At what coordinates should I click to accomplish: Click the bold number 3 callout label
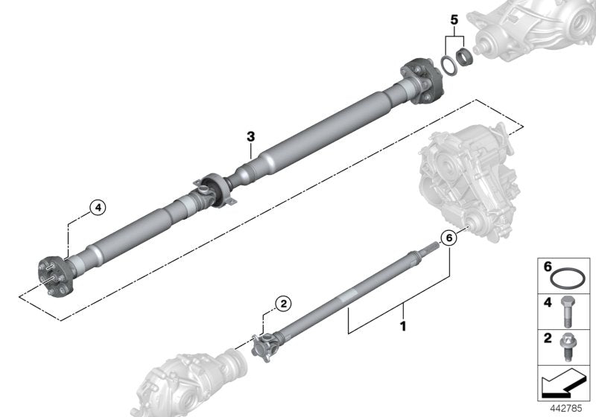251,136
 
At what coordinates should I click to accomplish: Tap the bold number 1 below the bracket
403,325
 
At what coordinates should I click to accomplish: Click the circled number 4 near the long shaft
97,208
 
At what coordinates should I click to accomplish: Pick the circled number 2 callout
283,303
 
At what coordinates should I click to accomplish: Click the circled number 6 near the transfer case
448,238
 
